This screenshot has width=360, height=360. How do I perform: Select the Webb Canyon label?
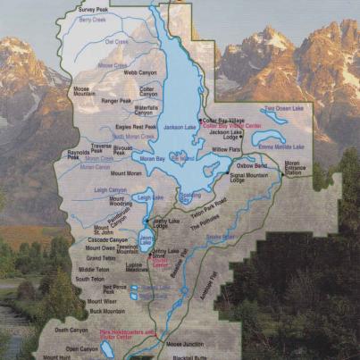(x=141, y=72)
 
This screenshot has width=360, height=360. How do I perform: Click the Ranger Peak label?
(x=116, y=101)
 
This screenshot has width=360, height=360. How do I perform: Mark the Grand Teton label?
(x=101, y=258)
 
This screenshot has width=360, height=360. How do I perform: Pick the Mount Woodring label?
(x=96, y=205)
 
